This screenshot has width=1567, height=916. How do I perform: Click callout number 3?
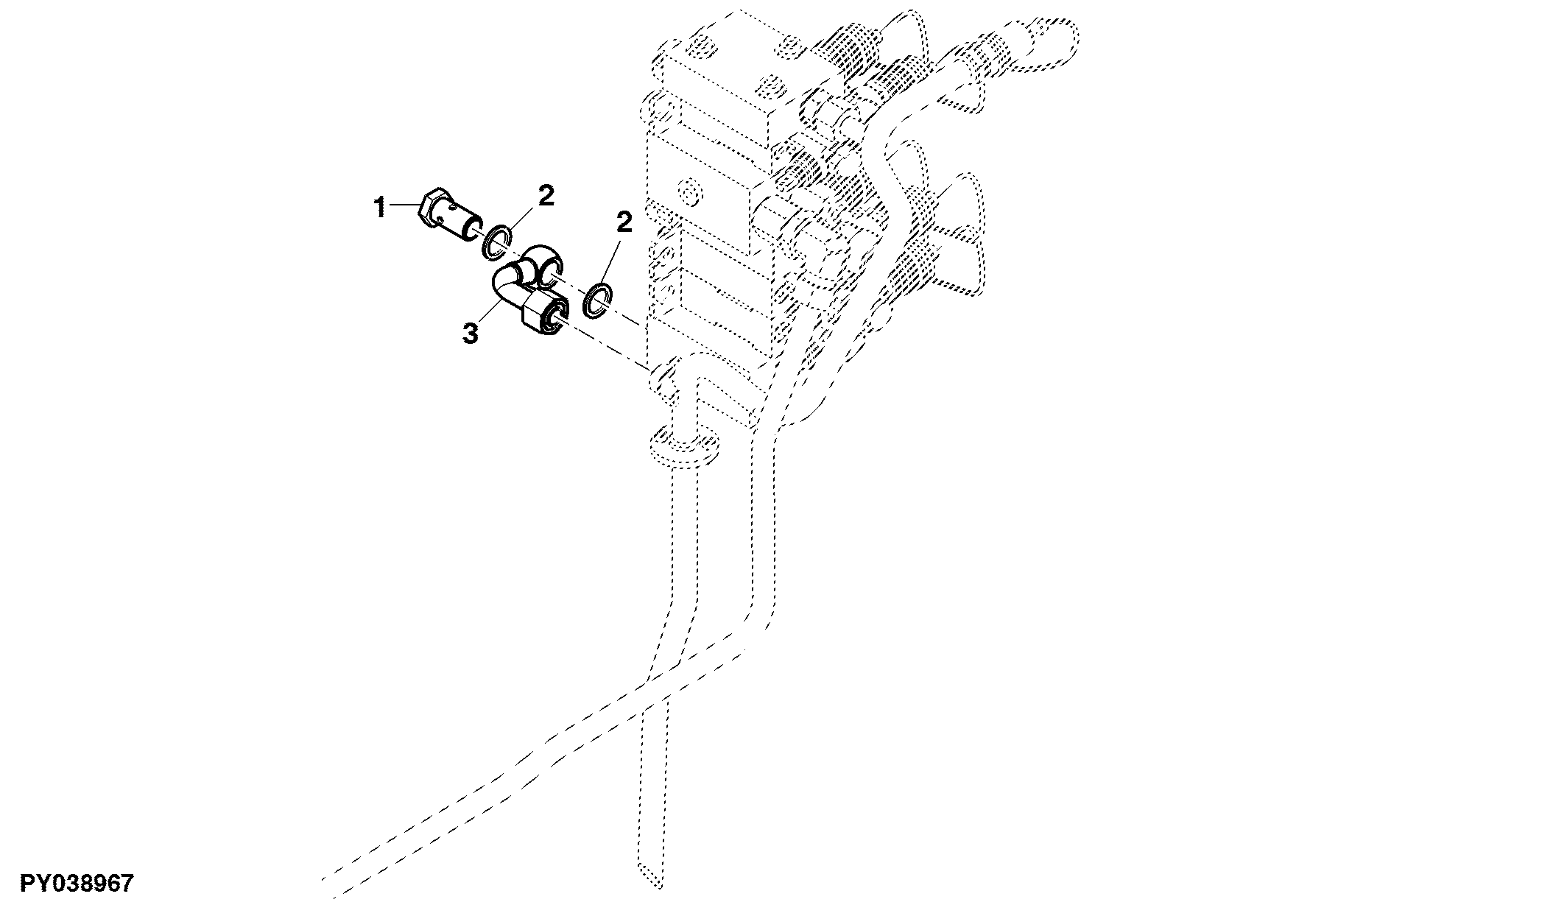(x=471, y=334)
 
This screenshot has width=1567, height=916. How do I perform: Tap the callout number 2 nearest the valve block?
(x=624, y=222)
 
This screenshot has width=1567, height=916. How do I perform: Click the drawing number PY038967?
(x=77, y=883)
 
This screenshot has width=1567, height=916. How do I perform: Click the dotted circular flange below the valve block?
(x=682, y=450)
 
